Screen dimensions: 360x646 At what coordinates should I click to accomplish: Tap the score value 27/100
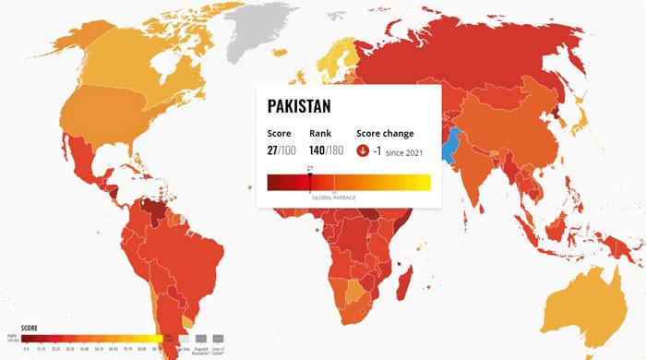coord(281,151)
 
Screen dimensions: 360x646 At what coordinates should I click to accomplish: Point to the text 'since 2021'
coord(405,152)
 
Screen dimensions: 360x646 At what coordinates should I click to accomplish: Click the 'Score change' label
coord(385,134)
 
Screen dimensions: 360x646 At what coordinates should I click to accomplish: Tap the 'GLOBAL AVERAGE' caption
coord(334,198)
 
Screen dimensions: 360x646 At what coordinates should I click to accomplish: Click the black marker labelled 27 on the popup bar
coord(310,174)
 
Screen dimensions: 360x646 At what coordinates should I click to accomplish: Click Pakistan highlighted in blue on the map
coord(451,145)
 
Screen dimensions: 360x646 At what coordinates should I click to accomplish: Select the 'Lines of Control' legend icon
coord(219,339)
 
